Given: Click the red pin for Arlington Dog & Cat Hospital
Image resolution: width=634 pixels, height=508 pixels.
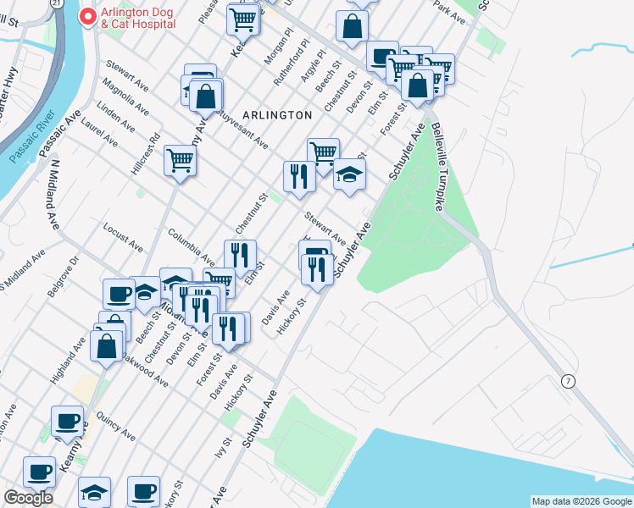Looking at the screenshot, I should tap(86, 17).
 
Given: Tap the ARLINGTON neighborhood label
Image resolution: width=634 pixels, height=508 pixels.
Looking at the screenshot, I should tap(276, 114).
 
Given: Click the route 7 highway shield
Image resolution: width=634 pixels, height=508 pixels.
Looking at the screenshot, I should tap(568, 382).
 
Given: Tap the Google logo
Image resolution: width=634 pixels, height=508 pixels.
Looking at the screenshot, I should tap(27, 498).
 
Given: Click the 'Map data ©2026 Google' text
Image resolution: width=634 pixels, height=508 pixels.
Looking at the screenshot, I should tap(581, 501).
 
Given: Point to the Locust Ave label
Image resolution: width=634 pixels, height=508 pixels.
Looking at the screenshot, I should tap(123, 238).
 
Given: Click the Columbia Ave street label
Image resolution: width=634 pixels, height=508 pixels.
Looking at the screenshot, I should tap(191, 245).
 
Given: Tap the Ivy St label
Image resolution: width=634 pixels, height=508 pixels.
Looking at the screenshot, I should tap(226, 447).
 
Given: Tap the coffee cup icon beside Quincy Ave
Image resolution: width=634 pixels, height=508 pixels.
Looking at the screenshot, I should tap(67, 421).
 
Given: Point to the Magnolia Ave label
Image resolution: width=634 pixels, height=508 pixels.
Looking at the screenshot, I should tap(125, 97).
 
